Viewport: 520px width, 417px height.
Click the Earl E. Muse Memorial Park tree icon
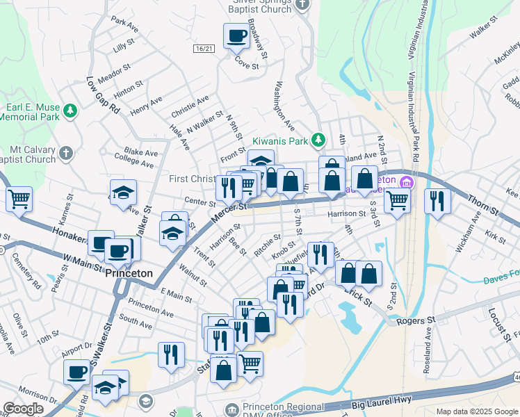pos(70,111)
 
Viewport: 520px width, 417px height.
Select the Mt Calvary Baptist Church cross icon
pos(65,153)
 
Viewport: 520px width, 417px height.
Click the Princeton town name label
pos(129,274)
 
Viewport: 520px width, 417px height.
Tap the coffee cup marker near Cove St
pos(236,36)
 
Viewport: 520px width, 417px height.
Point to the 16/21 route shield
pos(202,47)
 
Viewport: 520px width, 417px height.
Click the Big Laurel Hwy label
pos(378,401)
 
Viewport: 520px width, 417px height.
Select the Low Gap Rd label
pos(103,96)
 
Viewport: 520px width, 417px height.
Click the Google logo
pos(23,409)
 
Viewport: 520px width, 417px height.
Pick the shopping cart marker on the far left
pos(19,199)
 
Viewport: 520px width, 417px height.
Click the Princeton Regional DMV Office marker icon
pos(232,408)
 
